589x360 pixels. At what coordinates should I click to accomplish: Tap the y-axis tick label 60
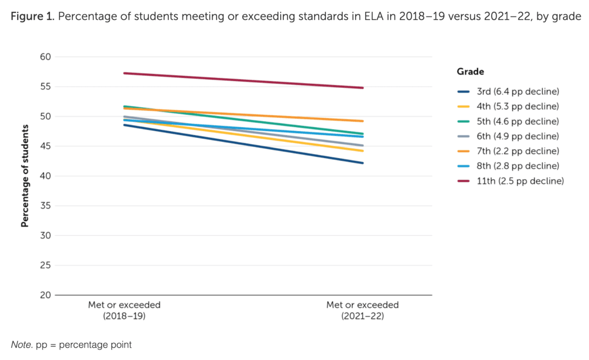click(45, 57)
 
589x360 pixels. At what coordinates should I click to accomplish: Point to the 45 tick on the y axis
click(45, 146)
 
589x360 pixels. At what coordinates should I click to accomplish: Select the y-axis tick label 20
click(45, 295)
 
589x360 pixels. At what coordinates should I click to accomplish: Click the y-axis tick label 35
click(45, 206)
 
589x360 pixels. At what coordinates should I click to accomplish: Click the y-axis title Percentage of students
click(25, 176)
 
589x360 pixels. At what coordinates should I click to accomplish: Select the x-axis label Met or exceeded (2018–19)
click(124, 310)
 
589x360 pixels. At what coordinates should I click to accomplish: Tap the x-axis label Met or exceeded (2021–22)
click(363, 310)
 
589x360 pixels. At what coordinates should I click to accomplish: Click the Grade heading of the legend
click(471, 72)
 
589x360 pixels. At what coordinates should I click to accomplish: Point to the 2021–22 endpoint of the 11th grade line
click(363, 88)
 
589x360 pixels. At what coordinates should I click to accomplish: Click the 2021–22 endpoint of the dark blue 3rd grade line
click(363, 163)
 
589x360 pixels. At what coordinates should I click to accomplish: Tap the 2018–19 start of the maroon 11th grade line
click(124, 73)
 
